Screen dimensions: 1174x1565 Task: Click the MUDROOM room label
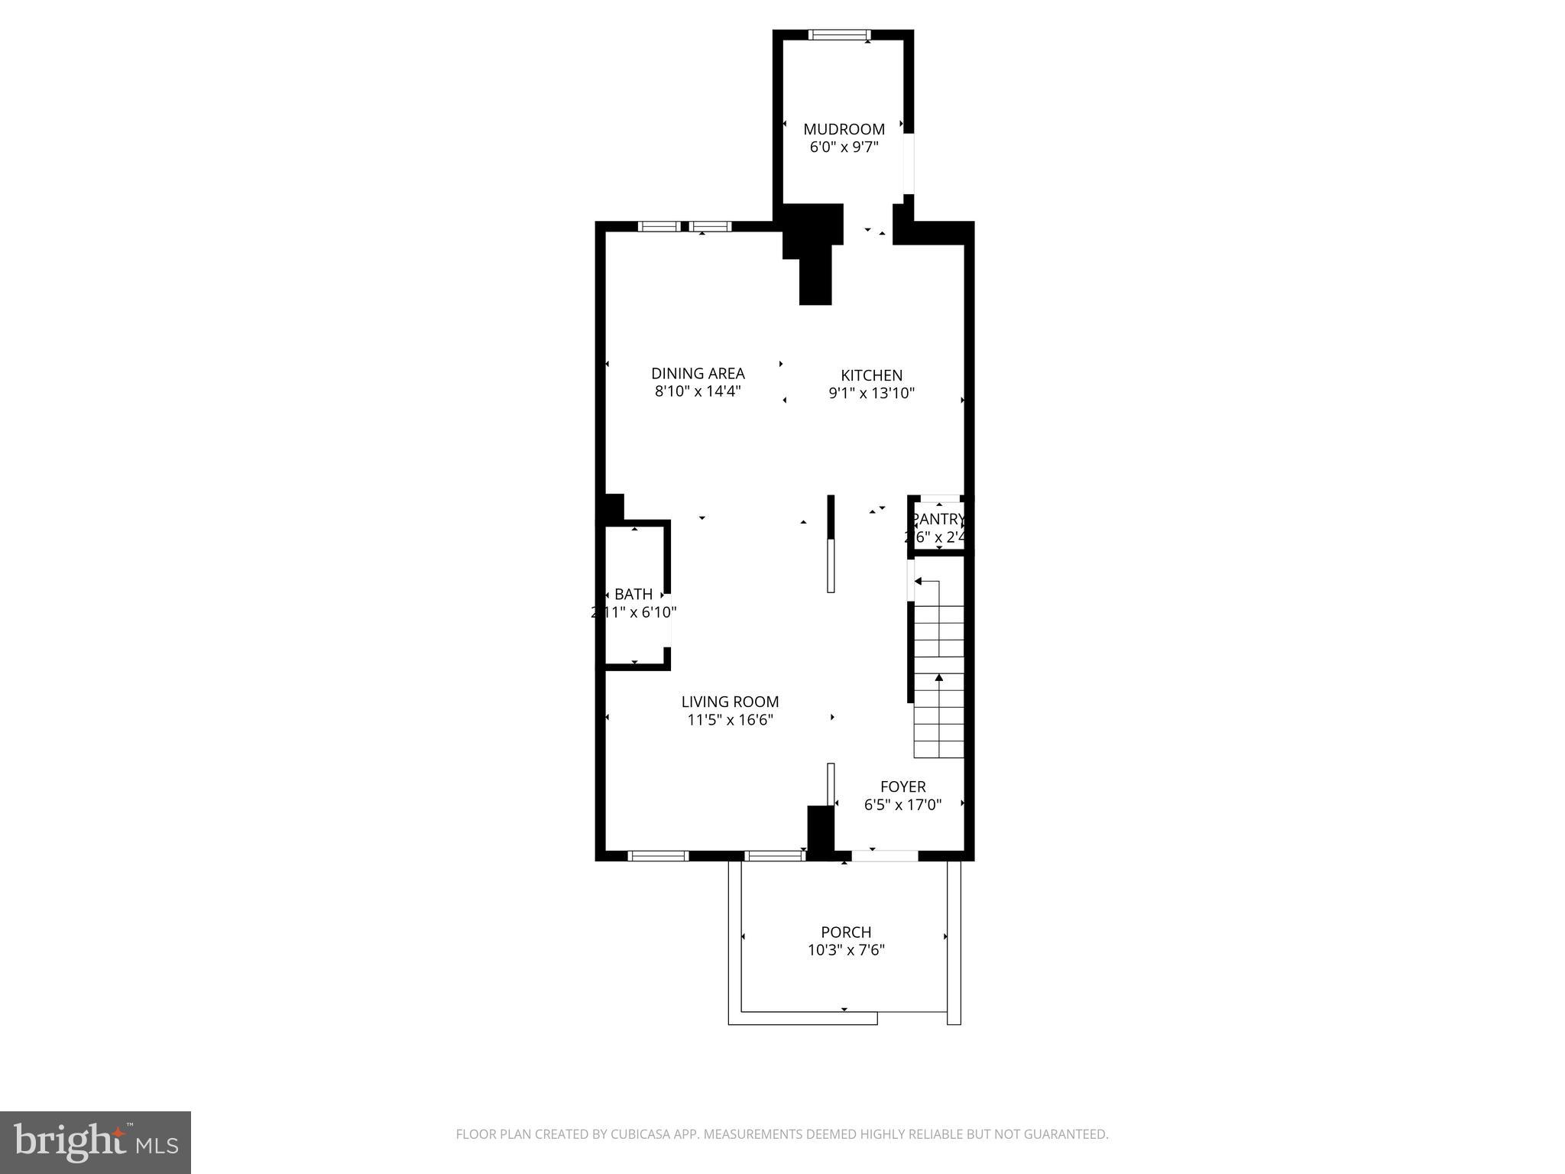pos(844,129)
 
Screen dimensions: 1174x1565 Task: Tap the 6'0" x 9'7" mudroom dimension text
pos(844,147)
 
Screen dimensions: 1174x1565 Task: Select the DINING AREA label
pos(698,373)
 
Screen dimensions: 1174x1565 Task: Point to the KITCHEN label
pos(871,375)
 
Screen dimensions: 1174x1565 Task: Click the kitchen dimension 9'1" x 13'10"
pos(871,394)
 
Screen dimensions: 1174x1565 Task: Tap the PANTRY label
pos(938,520)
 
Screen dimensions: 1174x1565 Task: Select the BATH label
pos(633,594)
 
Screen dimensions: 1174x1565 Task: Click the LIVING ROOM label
pos(730,702)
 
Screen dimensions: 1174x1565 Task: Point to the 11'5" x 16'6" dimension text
pos(730,720)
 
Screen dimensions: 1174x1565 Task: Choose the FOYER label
pos(902,786)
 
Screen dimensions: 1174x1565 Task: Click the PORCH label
pos(845,932)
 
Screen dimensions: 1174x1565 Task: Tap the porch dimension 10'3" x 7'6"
pos(845,951)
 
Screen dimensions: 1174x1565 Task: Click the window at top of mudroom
pos(838,34)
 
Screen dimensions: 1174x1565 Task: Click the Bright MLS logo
pos(96,1142)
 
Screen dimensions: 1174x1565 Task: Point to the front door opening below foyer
pos(885,856)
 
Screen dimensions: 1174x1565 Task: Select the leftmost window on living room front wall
pos(658,856)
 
